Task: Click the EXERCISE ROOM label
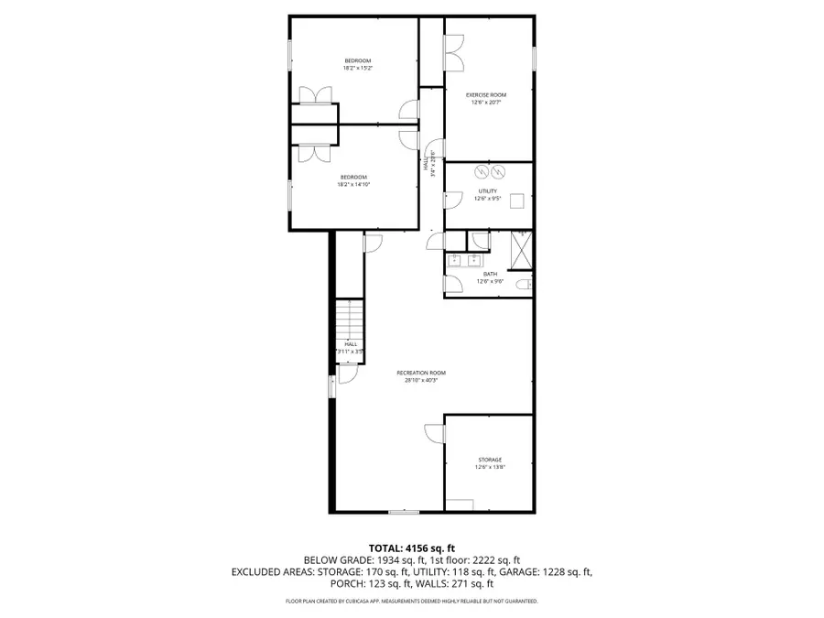(486, 95)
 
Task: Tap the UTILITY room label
(486, 191)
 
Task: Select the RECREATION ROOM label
(421, 373)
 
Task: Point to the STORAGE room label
(490, 460)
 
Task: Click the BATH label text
(490, 274)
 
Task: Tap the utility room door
(452, 199)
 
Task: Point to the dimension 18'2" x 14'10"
(353, 184)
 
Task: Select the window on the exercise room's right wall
(534, 55)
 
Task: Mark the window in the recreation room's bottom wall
(403, 511)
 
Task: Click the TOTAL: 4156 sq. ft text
(411, 547)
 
